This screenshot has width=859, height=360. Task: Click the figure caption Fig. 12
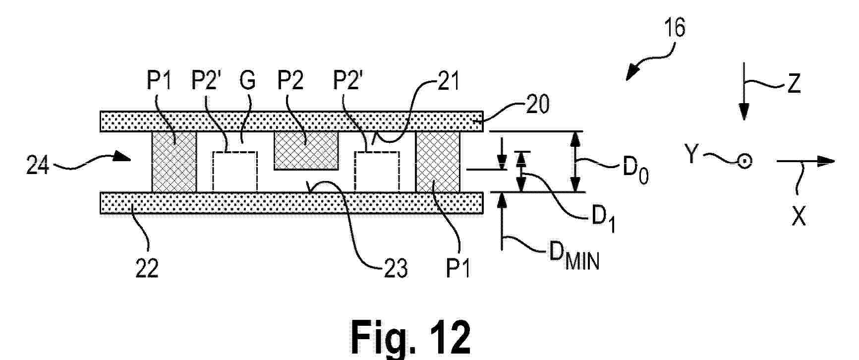click(x=411, y=337)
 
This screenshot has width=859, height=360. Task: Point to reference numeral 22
click(x=147, y=268)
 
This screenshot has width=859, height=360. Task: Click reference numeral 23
click(x=395, y=268)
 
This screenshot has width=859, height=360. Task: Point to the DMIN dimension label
click(x=574, y=256)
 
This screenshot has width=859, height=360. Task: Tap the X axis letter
click(x=799, y=216)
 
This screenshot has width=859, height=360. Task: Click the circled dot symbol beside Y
click(x=744, y=161)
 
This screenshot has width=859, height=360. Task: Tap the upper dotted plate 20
click(x=291, y=121)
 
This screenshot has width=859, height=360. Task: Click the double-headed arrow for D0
click(x=575, y=162)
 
